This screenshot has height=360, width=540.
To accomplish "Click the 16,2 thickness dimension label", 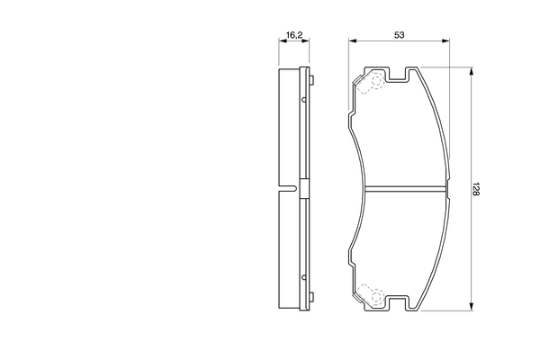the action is tap(294, 34).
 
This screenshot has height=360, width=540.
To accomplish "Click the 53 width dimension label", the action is tap(399, 35).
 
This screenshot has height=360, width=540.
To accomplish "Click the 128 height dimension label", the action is tap(476, 189).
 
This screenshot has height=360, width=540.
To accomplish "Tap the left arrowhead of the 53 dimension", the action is tap(352, 41).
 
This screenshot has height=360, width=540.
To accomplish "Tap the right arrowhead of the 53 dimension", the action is tap(446, 41).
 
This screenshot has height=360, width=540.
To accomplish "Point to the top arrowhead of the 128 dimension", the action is tap(472, 71).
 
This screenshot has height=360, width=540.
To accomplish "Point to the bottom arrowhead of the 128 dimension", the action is tap(472, 307).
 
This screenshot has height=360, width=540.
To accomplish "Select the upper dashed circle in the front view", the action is tap(376, 81).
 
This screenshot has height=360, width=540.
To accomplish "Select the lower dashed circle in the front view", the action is tap(377, 295).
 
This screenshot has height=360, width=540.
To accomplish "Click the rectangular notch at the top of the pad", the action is tap(398, 73).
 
